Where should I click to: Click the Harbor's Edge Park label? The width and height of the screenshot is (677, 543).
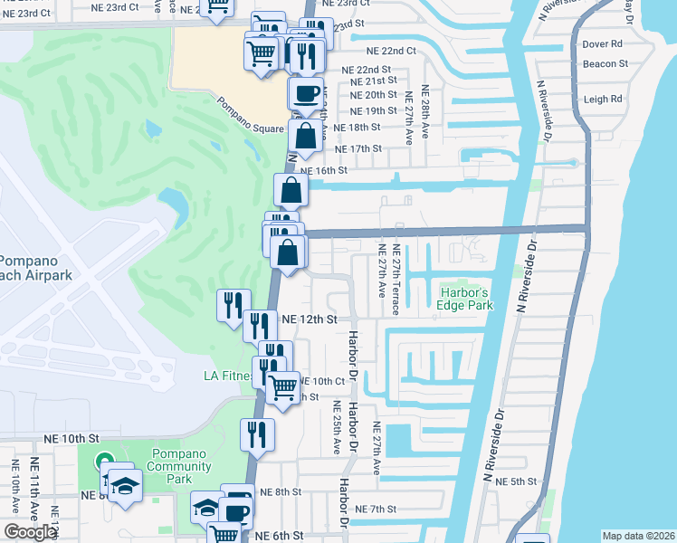[x=466, y=299]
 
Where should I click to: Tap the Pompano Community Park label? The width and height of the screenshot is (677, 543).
[x=181, y=460]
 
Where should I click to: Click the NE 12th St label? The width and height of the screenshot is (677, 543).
[x=309, y=319]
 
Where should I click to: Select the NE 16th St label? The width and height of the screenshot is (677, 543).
[x=322, y=170]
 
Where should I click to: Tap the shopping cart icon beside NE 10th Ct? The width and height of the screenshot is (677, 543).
[x=283, y=387]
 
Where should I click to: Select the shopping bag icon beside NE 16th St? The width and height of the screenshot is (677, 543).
[x=291, y=189]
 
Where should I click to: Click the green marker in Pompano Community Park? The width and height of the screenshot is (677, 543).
[x=103, y=462]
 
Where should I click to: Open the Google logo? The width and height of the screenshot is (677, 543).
[x=30, y=533]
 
